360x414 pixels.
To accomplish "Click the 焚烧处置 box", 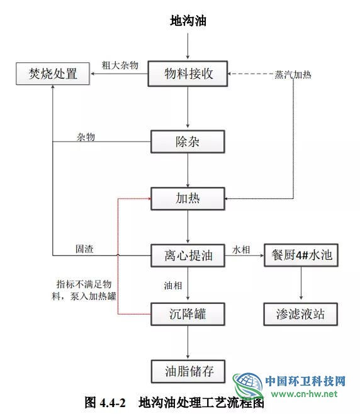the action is (53, 74).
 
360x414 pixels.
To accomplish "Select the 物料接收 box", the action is (188, 74).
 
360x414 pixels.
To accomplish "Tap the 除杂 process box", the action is (188, 142).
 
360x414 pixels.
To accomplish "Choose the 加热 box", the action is (188, 199).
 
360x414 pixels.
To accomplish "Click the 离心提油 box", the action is (188, 255).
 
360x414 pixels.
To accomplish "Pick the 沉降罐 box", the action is (188, 314).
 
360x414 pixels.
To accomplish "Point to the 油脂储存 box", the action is (188, 371).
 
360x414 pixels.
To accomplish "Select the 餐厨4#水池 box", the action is (301, 255).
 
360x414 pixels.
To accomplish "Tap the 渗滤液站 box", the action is (301, 314).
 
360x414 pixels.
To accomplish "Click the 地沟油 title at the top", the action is (188, 21).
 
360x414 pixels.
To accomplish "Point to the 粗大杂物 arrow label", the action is (120, 65).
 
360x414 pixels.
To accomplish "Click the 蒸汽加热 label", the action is (293, 75).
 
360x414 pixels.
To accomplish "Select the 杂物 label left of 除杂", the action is (86, 137).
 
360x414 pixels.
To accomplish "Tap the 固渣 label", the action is (84, 249).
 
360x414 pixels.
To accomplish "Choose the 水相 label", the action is (241, 250).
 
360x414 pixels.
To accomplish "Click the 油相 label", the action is (173, 286).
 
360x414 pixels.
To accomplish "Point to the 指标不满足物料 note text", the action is (84, 290).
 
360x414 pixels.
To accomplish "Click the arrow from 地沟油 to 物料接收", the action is (188, 46).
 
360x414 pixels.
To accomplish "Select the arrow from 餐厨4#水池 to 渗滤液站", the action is (301, 283).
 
